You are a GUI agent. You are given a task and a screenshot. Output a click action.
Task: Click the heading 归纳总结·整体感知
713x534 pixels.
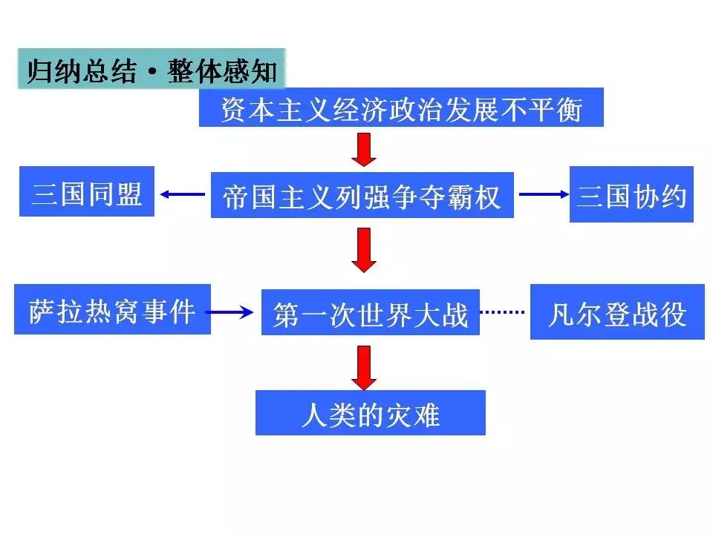tap(152, 70)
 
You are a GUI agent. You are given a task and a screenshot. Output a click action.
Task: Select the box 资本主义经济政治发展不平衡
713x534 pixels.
tap(401, 108)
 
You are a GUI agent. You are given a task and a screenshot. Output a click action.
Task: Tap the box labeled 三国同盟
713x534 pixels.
tap(87, 191)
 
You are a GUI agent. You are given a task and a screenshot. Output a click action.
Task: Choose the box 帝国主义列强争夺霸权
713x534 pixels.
tap(362, 196)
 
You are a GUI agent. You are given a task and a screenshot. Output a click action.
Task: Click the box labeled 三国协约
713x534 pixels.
tap(631, 195)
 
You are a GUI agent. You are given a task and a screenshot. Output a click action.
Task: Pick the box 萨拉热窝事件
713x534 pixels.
tap(112, 309)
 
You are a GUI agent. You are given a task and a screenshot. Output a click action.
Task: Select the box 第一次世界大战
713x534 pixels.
tap(370, 312)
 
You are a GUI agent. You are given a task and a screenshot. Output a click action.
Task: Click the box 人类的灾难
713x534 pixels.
tap(370, 412)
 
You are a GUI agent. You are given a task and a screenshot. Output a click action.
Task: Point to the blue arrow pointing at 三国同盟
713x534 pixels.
tap(183, 194)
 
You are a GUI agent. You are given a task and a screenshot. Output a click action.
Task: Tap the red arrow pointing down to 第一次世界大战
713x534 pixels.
tap(364, 250)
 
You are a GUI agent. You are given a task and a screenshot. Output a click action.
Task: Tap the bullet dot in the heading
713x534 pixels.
tap(152, 73)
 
